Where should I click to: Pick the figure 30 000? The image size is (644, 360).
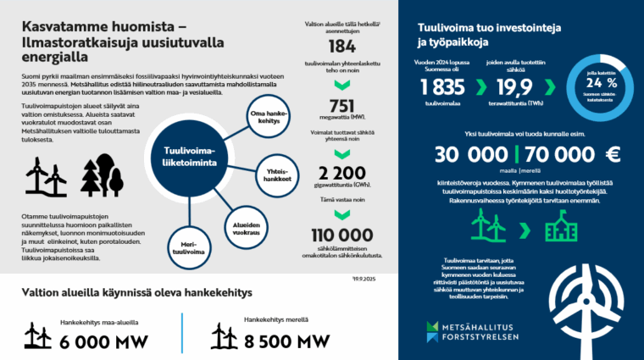click(470, 155)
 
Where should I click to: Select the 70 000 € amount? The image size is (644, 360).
click(573, 155)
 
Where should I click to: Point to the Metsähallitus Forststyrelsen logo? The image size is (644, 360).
click(479, 330)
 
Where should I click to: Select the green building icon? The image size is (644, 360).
click(557, 227)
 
